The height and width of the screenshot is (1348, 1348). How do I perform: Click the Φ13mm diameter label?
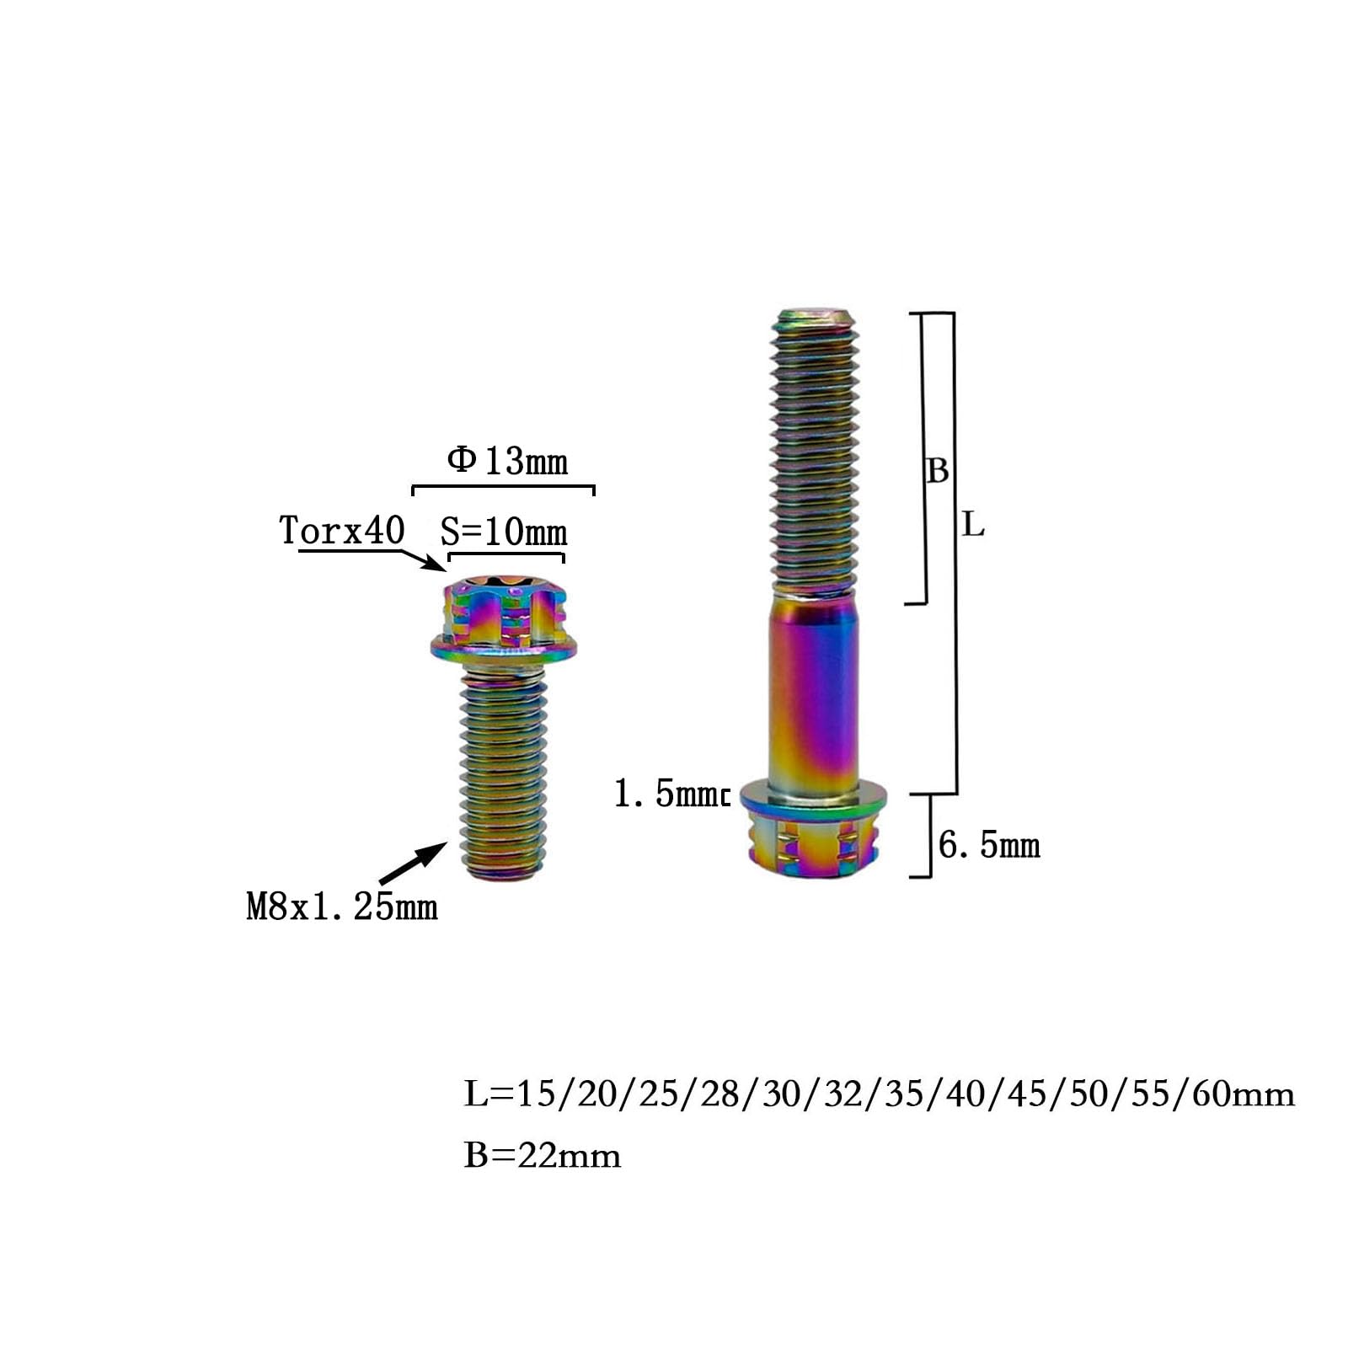point(507,461)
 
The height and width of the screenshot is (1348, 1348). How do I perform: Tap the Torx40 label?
point(342,531)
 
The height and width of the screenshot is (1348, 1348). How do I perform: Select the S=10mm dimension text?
point(504,532)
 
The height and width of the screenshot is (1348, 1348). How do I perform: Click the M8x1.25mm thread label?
point(342,907)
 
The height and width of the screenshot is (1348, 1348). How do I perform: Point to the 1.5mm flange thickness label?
point(669,794)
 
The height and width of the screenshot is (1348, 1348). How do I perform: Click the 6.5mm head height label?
point(989,845)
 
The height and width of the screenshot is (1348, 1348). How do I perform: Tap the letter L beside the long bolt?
point(973,526)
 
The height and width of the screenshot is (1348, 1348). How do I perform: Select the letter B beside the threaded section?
point(937,470)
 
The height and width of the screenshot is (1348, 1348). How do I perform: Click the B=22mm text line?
point(543,1155)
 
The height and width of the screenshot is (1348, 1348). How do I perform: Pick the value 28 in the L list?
point(719,1094)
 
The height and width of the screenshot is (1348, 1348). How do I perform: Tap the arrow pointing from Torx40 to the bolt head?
point(421,559)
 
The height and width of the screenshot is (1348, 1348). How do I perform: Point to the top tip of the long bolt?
point(816,318)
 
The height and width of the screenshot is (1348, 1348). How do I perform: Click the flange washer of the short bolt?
point(504,648)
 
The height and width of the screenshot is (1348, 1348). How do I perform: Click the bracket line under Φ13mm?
point(503,487)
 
